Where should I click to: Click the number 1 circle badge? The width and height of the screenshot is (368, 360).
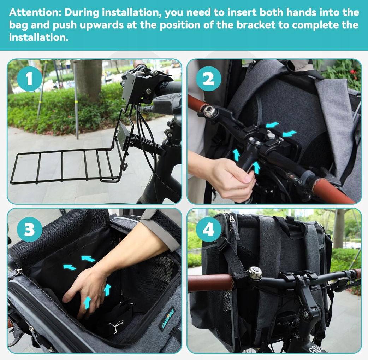[x=29, y=79]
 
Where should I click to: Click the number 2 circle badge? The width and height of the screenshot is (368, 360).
[x=209, y=79]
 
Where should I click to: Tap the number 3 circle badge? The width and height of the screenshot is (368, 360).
[x=29, y=230]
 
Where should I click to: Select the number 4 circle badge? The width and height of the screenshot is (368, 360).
[x=209, y=230]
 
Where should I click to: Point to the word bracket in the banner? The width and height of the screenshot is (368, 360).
[x=256, y=25]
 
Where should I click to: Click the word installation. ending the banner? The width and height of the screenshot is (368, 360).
[x=39, y=37]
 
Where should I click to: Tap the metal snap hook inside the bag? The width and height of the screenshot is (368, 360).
[x=116, y=326]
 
